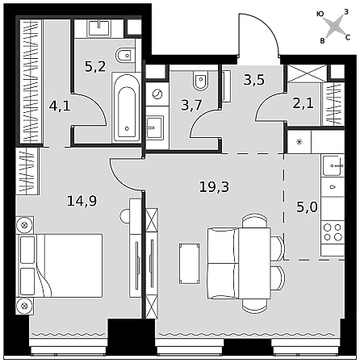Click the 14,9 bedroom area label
pyautogui.click(x=82, y=201)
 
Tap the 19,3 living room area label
pyautogui.click(x=214, y=186)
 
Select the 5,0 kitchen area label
pyautogui.click(x=307, y=207)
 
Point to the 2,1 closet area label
pyautogui.click(x=303, y=103)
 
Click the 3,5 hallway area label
pyautogui.click(x=254, y=80)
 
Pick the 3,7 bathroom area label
pyautogui.click(x=191, y=105)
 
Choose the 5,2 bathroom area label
pyautogui.click(x=95, y=66)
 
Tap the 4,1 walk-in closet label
pyautogui.click(x=60, y=106)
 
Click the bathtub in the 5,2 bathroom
pyautogui.click(x=127, y=107)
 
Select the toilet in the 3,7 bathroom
pyautogui.click(x=200, y=80)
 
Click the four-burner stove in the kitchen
pyautogui.click(x=333, y=232)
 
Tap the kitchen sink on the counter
pyautogui.click(x=333, y=165)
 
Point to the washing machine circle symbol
pyautogui.click(x=157, y=94)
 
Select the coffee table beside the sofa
pyautogui.click(x=190, y=263)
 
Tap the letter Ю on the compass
pyautogui.click(x=320, y=14)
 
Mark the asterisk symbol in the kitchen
pyautogui.click(x=299, y=142)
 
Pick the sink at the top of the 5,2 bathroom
pyautogui.click(x=99, y=28)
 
